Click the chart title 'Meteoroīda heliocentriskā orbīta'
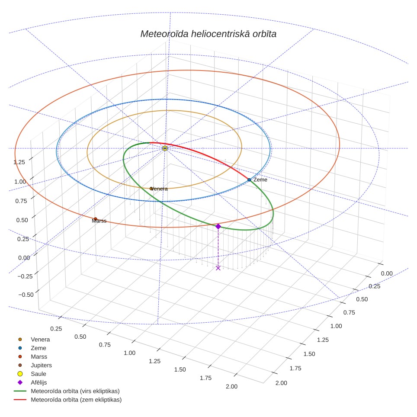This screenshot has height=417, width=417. coord(208,34)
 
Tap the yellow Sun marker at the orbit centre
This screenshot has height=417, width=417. coord(165,148)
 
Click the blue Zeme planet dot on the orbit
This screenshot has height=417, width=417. coord(249,180)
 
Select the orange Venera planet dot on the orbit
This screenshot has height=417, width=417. coord(151,189)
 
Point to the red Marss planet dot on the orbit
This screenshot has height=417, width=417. coord(96,219)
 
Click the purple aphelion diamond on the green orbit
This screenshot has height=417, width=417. coord(218,226)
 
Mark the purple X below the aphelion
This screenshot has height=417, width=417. coord(218,268)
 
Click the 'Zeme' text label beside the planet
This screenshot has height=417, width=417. coord(260,180)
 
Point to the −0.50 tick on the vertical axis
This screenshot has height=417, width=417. coord(26,295)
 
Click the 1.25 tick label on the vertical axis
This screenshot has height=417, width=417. coord(19,162)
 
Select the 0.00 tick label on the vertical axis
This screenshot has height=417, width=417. coord(24,258)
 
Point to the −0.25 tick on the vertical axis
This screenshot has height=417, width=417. coord(25,276)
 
